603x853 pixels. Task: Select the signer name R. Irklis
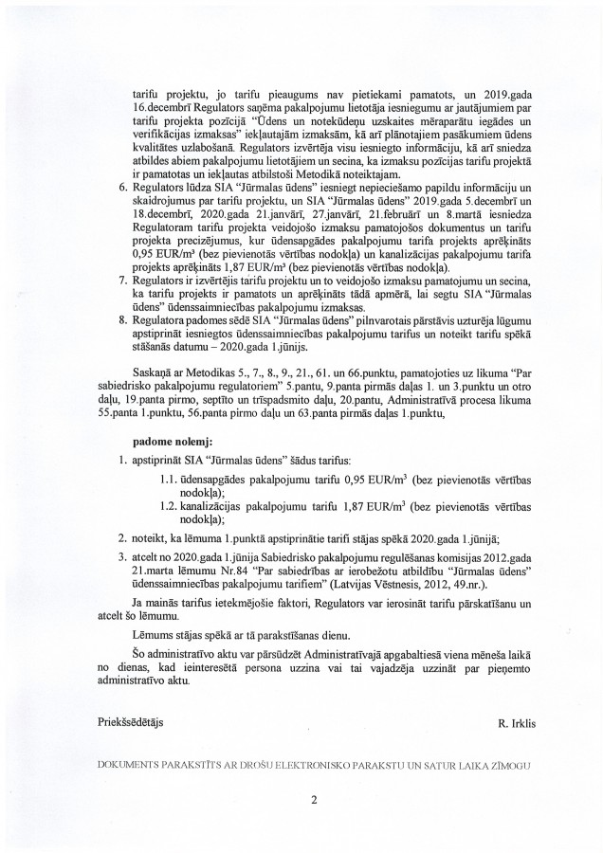click(516, 723)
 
